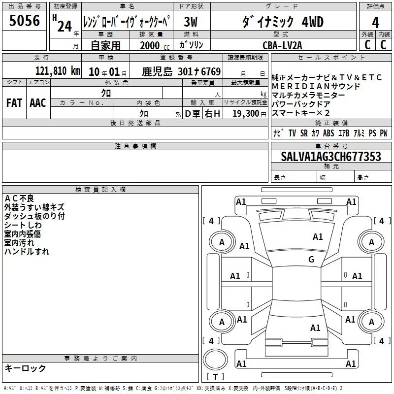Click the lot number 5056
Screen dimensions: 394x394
click(24, 21)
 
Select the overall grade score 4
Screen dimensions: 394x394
click(375, 22)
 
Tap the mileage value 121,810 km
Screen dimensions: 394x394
click(58, 71)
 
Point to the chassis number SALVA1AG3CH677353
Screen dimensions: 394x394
click(331, 156)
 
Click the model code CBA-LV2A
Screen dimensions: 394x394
click(282, 45)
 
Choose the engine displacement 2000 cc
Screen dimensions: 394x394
click(155, 45)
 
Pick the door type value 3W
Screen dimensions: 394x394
click(191, 22)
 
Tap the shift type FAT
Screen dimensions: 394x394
click(14, 103)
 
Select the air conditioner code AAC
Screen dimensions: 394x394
click(38, 103)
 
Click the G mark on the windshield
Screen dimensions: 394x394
click(311, 259)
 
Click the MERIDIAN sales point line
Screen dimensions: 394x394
click(316, 87)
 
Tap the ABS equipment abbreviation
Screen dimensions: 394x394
click(328, 133)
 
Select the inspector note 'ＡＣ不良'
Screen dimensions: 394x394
click(19, 198)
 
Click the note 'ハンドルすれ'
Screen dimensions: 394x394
click(27, 251)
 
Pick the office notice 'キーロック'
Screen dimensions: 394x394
click(25, 368)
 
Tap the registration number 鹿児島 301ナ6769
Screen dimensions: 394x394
click(181, 71)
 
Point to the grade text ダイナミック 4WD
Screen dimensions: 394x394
click(283, 22)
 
